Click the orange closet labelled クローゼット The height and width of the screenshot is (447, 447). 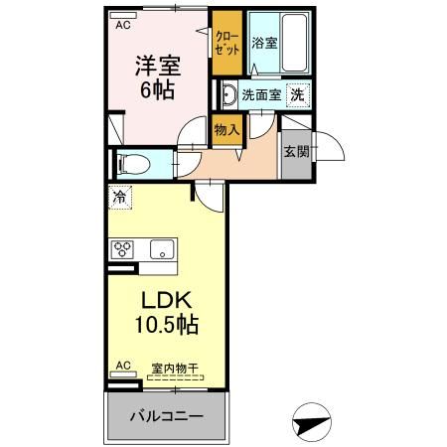click(225, 45)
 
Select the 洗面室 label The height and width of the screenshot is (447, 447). click(260, 95)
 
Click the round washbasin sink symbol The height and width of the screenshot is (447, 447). click(228, 96)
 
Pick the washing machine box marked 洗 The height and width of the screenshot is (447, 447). click(297, 95)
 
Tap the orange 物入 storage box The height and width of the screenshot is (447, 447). click(226, 130)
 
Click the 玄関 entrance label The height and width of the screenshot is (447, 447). click(295, 152)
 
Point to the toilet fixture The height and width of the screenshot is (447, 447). click(133, 164)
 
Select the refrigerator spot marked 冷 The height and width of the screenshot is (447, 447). click(119, 198)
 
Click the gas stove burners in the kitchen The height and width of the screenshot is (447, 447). click(123, 249)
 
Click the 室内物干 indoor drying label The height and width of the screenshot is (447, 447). click(174, 368)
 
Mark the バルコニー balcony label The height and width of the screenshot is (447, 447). click(166, 416)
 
